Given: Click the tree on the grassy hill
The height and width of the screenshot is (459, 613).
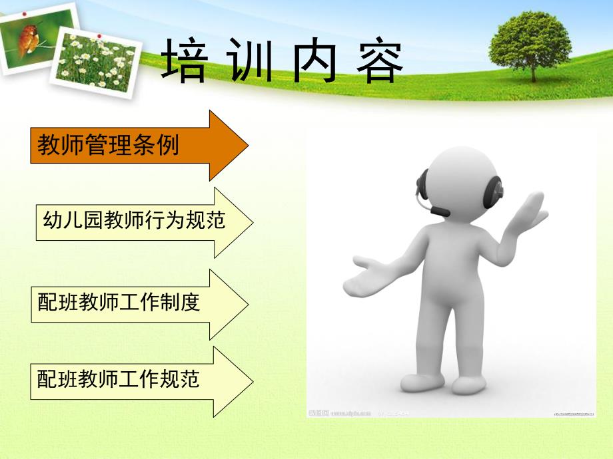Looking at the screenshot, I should pos(530,44).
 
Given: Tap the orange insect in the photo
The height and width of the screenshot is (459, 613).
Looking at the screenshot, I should pos(29,39).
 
